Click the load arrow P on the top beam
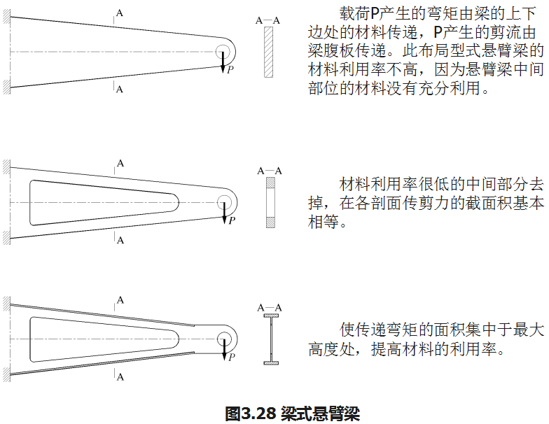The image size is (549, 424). [223, 62]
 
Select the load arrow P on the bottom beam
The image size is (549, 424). [224, 347]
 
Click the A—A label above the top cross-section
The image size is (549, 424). [268, 20]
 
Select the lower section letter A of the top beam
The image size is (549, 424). [120, 89]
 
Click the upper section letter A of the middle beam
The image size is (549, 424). [120, 163]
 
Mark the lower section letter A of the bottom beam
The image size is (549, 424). [120, 377]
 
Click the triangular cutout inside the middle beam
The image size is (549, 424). [91, 202]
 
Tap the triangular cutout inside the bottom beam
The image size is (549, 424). [91, 339]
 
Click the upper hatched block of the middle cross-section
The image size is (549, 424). [270, 184]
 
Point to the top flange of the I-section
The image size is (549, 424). [270, 317]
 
